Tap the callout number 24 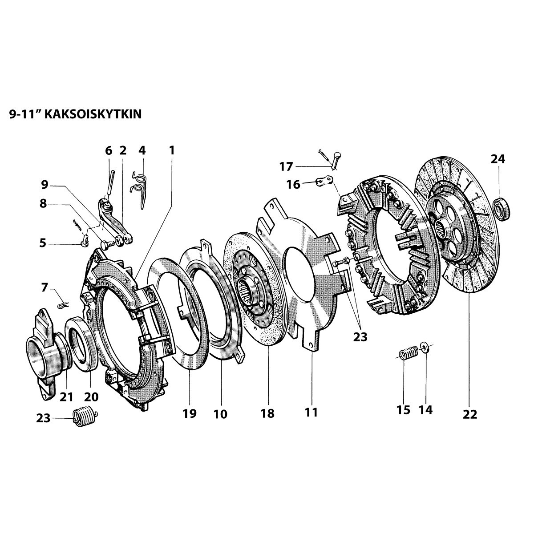(x=498, y=159)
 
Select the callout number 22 (x=469, y=414)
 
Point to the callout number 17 (x=286, y=167)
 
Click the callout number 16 (x=293, y=184)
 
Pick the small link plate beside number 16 (x=324, y=181)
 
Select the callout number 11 (x=311, y=412)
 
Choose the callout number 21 (x=66, y=396)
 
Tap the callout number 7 (x=44, y=287)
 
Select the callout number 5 (x=43, y=243)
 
